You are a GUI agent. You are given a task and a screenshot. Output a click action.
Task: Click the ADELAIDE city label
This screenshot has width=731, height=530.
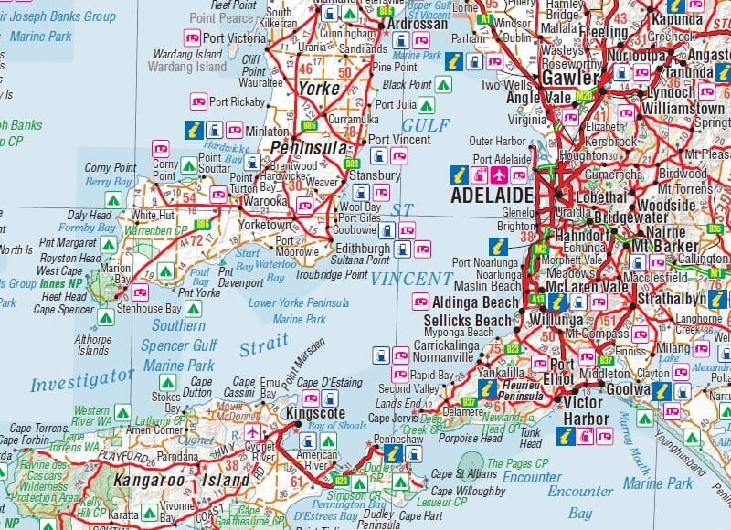pyautogui.click(x=491, y=196)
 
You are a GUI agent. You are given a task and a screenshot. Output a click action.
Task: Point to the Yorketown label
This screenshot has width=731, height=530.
pyautogui.click(x=265, y=225)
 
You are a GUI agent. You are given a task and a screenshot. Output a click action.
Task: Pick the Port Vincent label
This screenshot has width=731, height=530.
pyautogui.click(x=401, y=141)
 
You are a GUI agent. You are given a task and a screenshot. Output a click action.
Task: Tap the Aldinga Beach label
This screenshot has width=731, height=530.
pyautogui.click(x=474, y=302)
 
